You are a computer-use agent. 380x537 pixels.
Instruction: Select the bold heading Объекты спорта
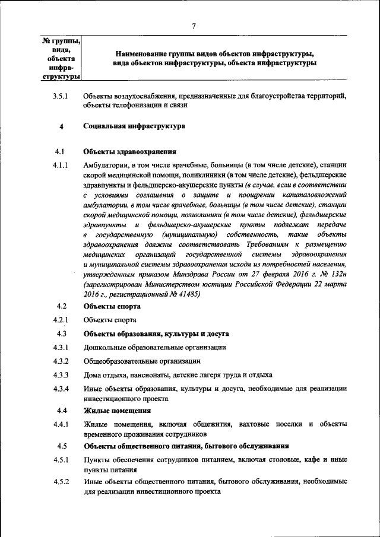coord(112,307)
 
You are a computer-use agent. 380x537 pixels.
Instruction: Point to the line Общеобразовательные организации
coord(142,361)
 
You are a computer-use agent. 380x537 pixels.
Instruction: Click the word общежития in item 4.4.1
coord(211,424)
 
